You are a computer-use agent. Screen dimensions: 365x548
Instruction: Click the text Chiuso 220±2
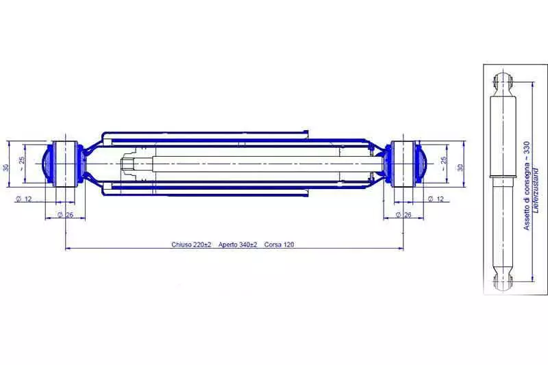pos(191,244)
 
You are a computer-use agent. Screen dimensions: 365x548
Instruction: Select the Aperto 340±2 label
pos(238,244)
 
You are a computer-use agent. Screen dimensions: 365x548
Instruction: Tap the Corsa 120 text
pos(279,244)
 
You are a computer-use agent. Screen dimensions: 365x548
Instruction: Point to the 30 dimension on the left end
pos(6,166)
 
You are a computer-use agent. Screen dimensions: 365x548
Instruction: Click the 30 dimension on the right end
pos(460,166)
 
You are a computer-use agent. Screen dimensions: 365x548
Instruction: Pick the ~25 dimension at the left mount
pos(23,164)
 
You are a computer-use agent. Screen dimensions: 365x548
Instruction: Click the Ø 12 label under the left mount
pos(25,199)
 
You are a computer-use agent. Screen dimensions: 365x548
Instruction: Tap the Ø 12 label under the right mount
pos(436,199)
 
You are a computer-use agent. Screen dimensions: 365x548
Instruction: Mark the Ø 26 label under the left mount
pos(66,215)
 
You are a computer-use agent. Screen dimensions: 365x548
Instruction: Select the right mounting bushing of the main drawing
pos(403,163)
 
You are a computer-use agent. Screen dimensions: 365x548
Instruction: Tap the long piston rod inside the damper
pos(260,164)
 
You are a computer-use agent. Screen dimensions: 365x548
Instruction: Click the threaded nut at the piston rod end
pos(129,164)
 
